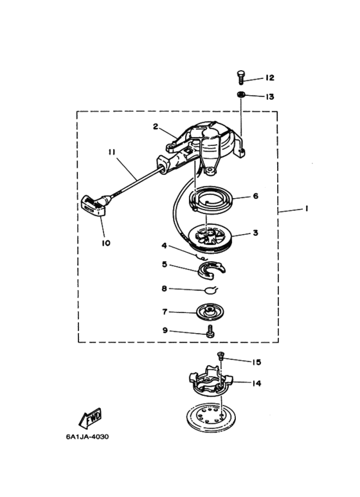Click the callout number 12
click(x=269, y=78)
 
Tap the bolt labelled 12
click(x=240, y=77)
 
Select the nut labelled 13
click(x=241, y=95)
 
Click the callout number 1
click(x=306, y=208)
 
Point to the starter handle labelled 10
click(x=94, y=206)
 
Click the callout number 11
click(x=112, y=152)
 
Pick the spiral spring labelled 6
click(x=212, y=200)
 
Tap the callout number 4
click(x=164, y=246)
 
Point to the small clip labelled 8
click(x=210, y=290)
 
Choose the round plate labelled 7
click(x=209, y=312)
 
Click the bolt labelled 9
click(x=209, y=332)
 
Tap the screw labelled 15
click(x=220, y=356)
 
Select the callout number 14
click(x=256, y=383)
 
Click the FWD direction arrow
click(x=90, y=418)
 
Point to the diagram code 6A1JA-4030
click(x=87, y=437)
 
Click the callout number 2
click(x=156, y=127)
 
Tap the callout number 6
click(x=256, y=196)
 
